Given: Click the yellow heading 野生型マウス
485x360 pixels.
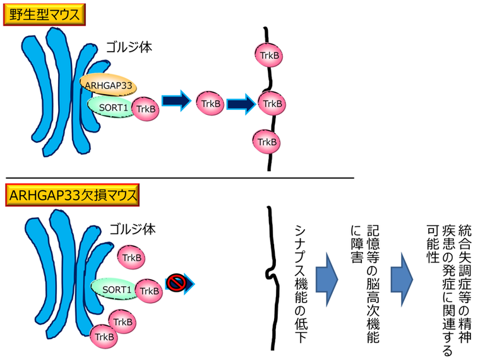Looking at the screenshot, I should click(x=44, y=13).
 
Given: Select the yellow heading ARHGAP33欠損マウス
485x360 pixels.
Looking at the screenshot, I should click(x=71, y=195).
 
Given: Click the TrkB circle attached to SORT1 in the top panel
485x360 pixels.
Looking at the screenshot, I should click(x=145, y=108).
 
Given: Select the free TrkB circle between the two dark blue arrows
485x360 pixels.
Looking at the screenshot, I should click(x=208, y=103).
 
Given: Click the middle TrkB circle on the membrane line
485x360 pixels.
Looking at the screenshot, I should click(x=272, y=102).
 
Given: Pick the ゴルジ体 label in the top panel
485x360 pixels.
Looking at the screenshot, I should click(x=129, y=47).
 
